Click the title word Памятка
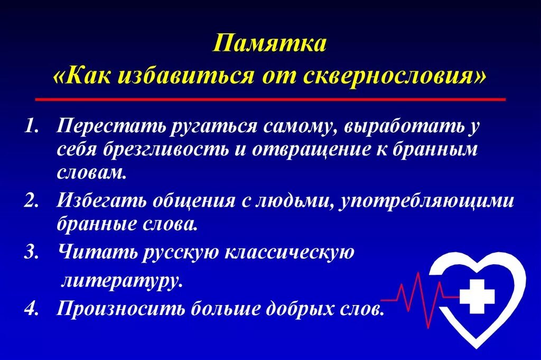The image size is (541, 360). coord(270,43)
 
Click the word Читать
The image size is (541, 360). coord(97,252)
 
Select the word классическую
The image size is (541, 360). coord(291,252)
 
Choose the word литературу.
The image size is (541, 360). coord(122,280)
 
